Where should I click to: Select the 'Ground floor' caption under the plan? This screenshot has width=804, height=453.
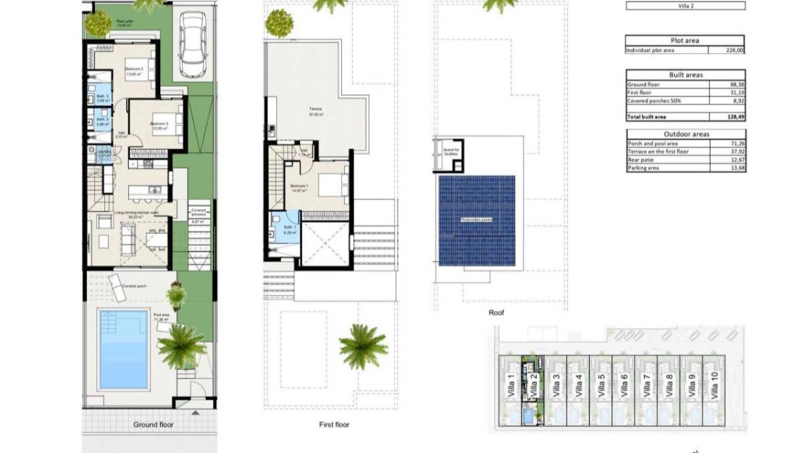point(154,425)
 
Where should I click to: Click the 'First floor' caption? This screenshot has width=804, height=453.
point(334,425)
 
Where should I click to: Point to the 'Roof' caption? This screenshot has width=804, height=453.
point(496,313)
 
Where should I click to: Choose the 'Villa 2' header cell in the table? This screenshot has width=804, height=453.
point(684,6)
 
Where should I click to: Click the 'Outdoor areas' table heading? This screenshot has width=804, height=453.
point(684,135)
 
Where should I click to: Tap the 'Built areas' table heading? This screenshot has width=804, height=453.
point(684,75)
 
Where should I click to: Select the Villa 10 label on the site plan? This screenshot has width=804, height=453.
point(714,386)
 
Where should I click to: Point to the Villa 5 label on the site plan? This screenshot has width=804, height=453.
point(601,386)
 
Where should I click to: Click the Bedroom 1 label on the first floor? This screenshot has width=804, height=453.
point(300,187)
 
